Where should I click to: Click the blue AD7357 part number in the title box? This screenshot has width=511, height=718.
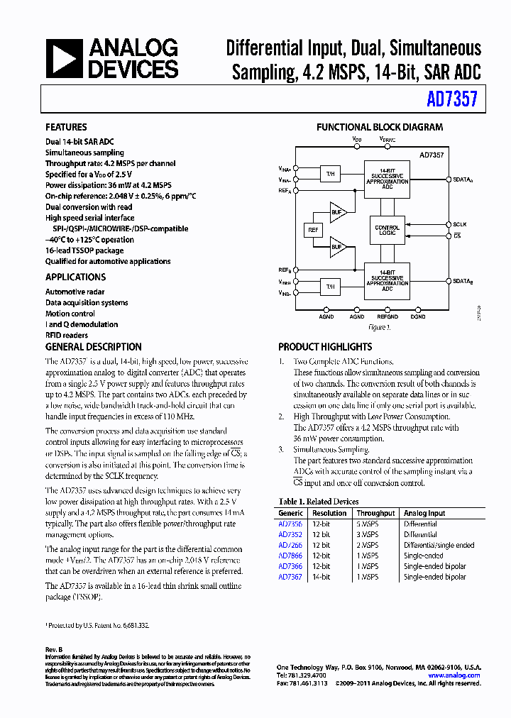[452, 101]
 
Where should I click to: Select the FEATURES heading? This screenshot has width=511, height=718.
[66, 128]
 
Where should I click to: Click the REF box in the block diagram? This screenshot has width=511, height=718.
[313, 230]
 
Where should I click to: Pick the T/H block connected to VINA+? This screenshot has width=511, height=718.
[329, 174]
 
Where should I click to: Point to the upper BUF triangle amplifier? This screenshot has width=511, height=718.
[337, 211]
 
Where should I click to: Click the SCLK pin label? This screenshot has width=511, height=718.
[460, 224]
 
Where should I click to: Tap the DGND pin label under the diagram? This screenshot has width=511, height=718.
[418, 317]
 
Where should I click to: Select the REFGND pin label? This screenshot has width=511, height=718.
[387, 317]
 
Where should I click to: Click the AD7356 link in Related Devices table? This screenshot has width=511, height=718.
[290, 524]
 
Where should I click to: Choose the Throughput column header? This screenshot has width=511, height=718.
[375, 513]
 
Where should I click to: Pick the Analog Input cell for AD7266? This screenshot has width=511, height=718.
[439, 546]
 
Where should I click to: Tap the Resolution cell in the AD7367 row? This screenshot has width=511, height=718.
[321, 577]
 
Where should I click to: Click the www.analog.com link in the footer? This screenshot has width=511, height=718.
[454, 675]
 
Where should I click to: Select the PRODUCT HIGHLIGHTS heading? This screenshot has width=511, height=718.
[325, 347]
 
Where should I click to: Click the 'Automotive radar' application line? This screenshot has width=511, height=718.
[75, 292]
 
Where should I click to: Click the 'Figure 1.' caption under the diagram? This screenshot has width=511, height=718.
[379, 328]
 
